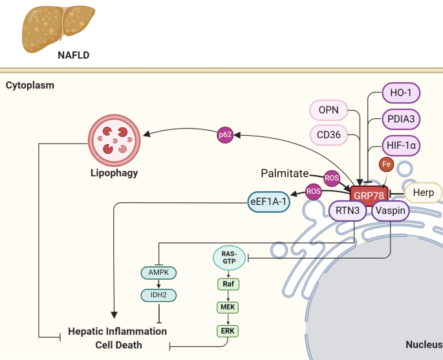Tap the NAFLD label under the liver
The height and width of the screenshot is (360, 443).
tap(72, 56)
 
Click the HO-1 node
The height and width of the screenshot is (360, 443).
tap(401, 93)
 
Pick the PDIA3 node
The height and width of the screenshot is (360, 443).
tap(401, 120)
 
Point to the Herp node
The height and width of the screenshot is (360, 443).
tap(423, 193)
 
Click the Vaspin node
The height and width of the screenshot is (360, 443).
tap(391, 210)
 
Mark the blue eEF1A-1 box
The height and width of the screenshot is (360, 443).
tap(269, 202)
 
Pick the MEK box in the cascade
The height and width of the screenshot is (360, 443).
tap(228, 307)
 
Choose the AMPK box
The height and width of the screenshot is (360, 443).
tap(159, 272)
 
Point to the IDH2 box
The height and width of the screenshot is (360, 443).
tap(159, 295)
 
